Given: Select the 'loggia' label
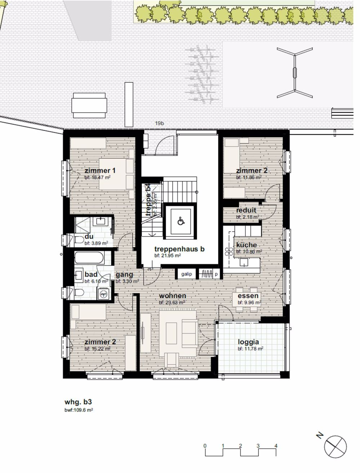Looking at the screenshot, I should pyautogui.click(x=248, y=342).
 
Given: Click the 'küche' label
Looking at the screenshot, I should pyautogui.click(x=247, y=245).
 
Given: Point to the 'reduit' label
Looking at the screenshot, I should pyautogui.click(x=246, y=210).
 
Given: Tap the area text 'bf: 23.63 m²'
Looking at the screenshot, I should pyautogui.click(x=172, y=303).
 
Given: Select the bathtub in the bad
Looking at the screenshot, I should pyautogui.click(x=89, y=258).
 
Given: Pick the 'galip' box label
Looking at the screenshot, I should pyautogui.click(x=186, y=274).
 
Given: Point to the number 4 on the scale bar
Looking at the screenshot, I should pyautogui.click(x=276, y=446).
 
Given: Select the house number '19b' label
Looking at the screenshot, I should pyautogui.click(x=160, y=124).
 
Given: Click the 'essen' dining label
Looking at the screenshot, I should pyautogui.click(x=248, y=296).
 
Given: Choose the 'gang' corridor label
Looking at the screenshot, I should pyautogui.click(x=124, y=275).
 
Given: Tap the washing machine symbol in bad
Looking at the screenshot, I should pyautogui.click(x=104, y=294).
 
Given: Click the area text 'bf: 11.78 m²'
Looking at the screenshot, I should pyautogui.click(x=250, y=349).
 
